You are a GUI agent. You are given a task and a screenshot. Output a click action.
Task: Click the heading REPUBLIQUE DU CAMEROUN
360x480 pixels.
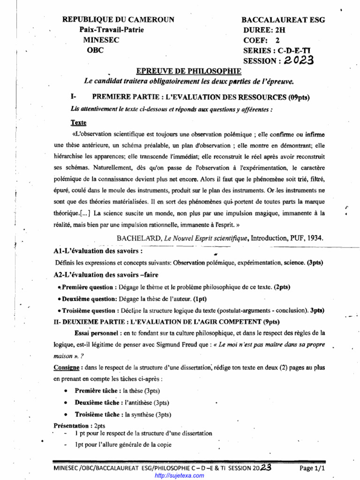pos(119,20)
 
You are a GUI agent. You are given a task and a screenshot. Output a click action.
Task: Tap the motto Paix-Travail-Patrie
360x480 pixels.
pos(112,30)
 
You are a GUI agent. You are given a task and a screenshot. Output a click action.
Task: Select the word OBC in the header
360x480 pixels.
pos(95,50)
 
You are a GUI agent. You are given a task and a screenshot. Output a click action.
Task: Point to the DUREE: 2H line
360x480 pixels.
pos(264,30)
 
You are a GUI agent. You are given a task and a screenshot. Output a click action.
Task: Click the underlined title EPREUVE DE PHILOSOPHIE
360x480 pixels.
pos(188,71)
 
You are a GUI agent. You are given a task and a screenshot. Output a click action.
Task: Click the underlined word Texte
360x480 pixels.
pos(79,123)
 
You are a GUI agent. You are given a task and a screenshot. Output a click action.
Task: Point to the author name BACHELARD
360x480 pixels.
pos(138,238)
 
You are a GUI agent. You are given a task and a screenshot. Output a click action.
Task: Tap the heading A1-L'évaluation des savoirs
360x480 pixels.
pos(98,251)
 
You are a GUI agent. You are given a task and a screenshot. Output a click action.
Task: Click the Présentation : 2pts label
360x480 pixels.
pos(79,426)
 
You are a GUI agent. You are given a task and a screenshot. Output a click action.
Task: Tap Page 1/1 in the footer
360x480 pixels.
pos(312,468)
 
